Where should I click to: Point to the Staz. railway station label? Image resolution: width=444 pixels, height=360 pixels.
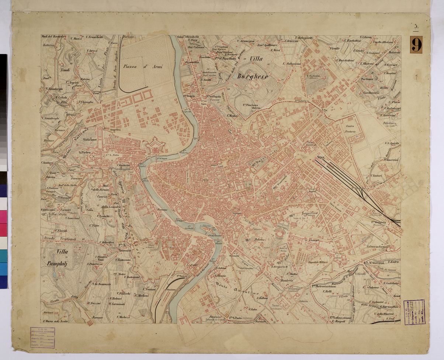320,158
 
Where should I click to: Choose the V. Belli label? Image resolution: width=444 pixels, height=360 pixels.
327,291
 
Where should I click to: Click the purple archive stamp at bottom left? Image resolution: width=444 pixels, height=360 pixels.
42,337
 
